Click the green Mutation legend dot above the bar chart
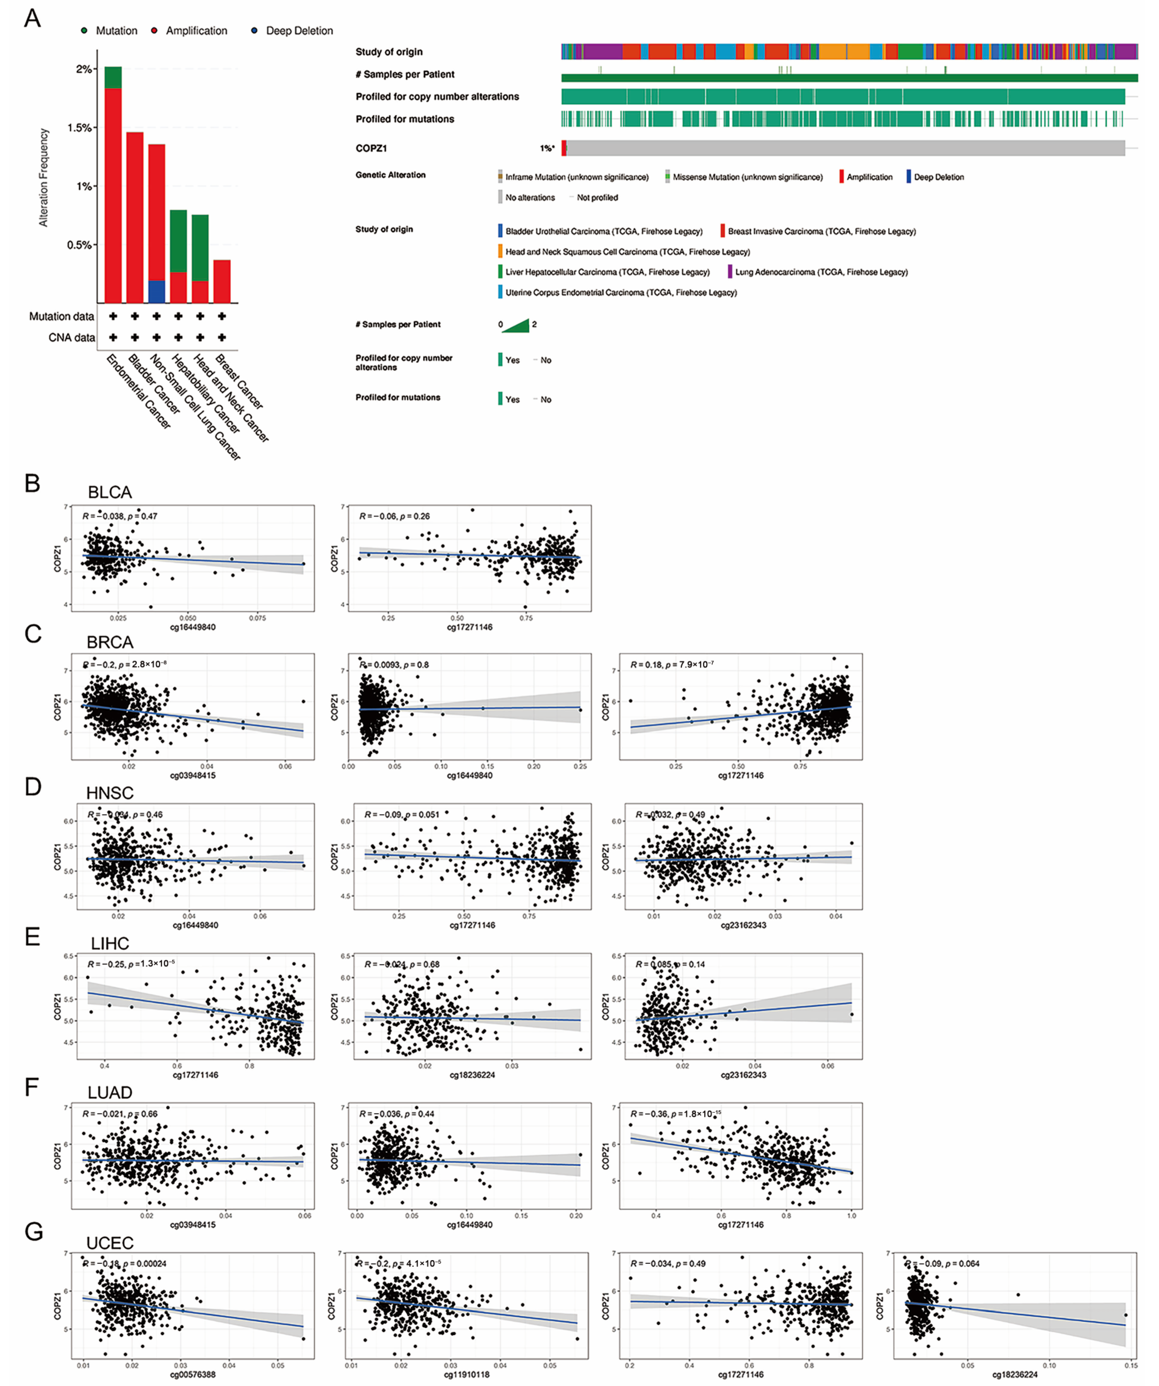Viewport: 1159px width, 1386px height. [85, 30]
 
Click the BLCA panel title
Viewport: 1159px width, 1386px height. [110, 492]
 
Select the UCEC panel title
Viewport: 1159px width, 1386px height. [110, 1243]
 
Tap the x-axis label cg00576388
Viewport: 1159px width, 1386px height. [193, 1375]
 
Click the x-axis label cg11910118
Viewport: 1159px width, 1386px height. [467, 1375]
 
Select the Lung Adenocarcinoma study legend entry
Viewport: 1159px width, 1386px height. [821, 272]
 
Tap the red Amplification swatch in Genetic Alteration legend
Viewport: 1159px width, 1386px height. [842, 177]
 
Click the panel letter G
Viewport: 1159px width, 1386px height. [33, 1232]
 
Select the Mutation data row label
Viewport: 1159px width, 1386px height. [61, 317]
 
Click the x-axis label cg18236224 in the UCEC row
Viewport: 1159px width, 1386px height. [1015, 1375]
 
